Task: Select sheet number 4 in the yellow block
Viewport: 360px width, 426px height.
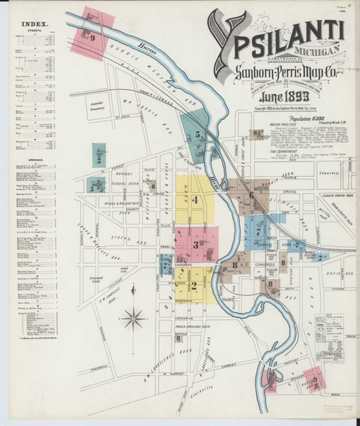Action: click(195, 200)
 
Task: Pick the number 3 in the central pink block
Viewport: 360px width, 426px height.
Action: click(195, 245)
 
